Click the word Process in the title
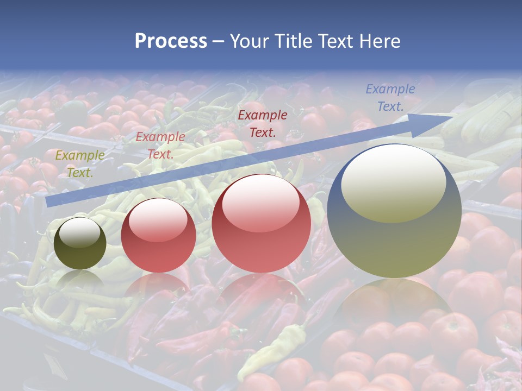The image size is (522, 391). pyautogui.click(x=171, y=41)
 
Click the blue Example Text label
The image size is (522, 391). pyautogui.click(x=390, y=98)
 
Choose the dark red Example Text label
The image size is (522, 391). pyautogui.click(x=263, y=123)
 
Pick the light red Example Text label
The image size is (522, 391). pyautogui.click(x=160, y=146)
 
